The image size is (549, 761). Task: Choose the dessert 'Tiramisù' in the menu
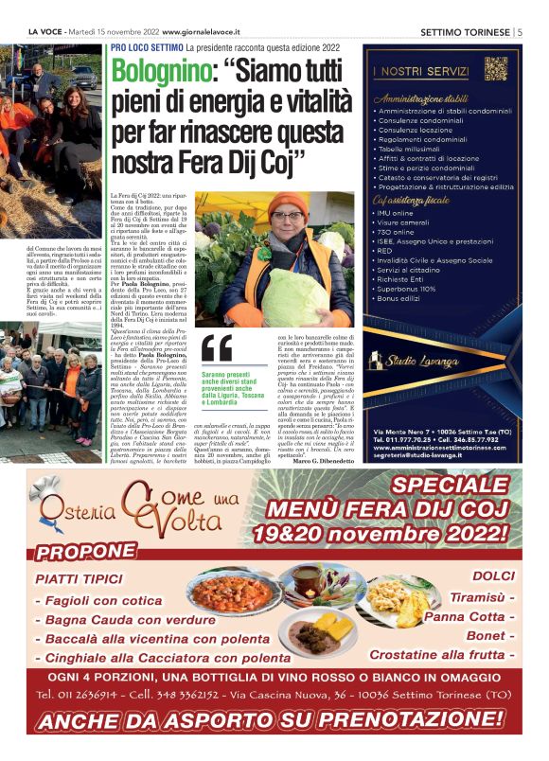click(478, 596)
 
